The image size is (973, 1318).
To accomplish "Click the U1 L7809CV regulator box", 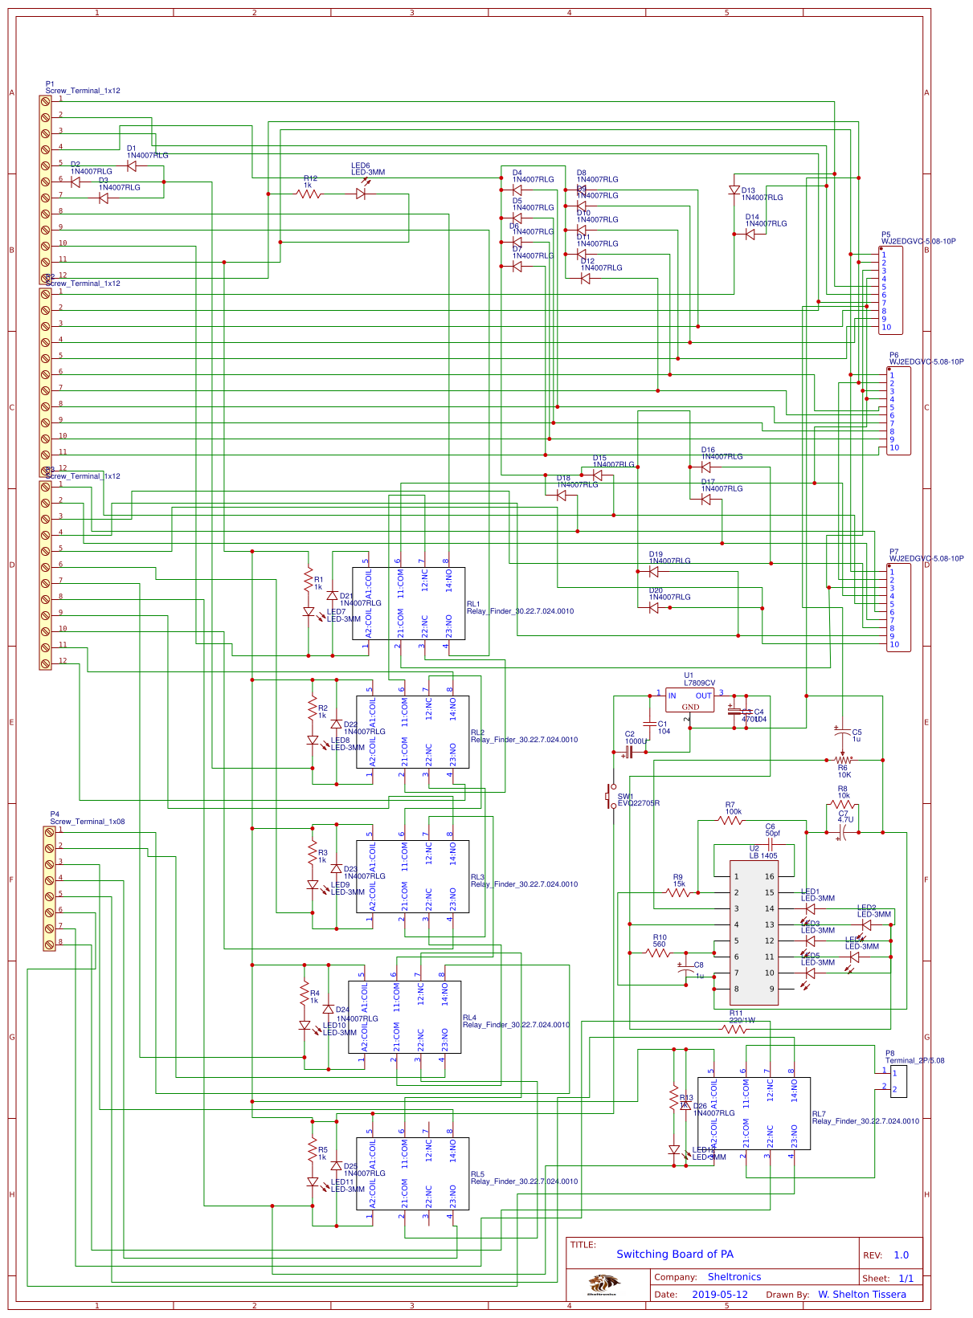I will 689,700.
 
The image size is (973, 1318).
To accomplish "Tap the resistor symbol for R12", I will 309,194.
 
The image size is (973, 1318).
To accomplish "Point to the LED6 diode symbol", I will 361,194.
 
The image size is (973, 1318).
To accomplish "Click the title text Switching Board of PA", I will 674,1254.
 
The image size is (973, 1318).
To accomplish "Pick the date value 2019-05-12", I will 719,1294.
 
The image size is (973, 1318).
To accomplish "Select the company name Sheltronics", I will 734,1276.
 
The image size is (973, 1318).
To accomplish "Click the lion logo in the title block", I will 603,1284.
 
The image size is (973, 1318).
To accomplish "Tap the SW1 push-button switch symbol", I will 611,797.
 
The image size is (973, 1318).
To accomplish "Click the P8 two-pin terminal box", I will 898,1081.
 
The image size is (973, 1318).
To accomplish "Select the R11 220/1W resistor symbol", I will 734,1029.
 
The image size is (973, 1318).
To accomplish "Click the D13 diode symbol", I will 734,190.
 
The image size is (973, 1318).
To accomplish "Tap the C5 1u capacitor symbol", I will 842,730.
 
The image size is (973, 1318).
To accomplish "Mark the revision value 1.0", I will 901,1255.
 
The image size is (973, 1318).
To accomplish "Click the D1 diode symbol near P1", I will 132,166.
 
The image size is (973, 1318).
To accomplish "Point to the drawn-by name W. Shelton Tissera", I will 861,1294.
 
